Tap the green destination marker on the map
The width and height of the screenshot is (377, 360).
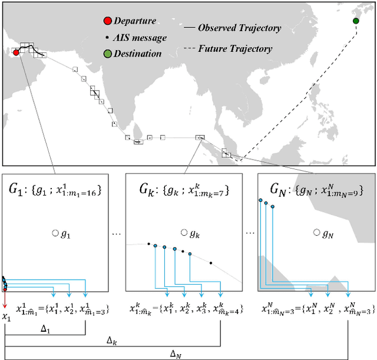[356, 21]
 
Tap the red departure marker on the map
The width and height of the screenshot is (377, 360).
[16, 52]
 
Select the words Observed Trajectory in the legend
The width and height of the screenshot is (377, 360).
[239, 28]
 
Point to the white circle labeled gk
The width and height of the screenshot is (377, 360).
[184, 233]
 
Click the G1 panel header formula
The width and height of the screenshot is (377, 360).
[55, 190]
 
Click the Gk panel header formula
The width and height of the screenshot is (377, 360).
[185, 190]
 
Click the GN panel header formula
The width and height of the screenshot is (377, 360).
[316, 190]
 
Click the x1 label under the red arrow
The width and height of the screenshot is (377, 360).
[6, 318]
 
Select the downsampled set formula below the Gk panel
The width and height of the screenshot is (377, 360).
[185, 308]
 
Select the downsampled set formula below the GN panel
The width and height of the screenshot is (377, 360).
[316, 308]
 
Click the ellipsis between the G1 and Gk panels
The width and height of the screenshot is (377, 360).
[117, 233]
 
